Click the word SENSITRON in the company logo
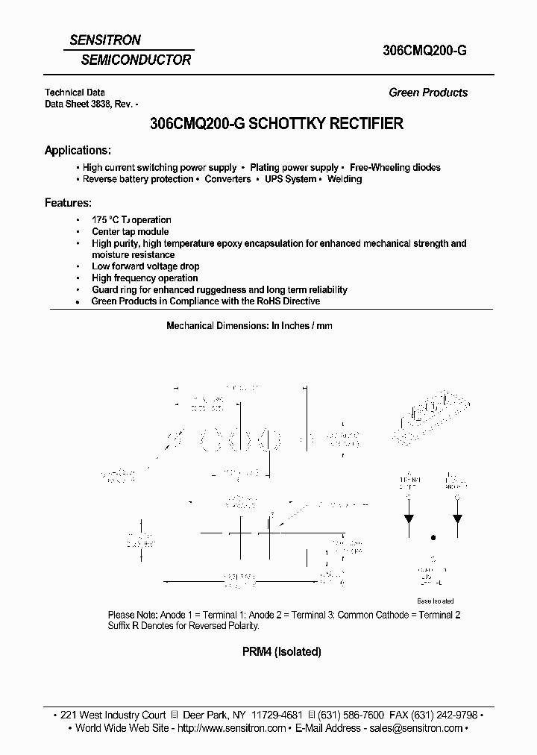[x=105, y=40]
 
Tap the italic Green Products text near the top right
[x=428, y=93]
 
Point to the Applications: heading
[x=78, y=150]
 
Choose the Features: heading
[x=68, y=202]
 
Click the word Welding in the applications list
[x=345, y=180]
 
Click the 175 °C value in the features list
[x=105, y=220]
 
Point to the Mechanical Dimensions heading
[x=249, y=326]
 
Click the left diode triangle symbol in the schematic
[x=409, y=521]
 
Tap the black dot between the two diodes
[x=433, y=536]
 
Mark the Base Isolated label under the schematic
[x=435, y=601]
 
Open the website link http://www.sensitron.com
[x=232, y=728]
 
